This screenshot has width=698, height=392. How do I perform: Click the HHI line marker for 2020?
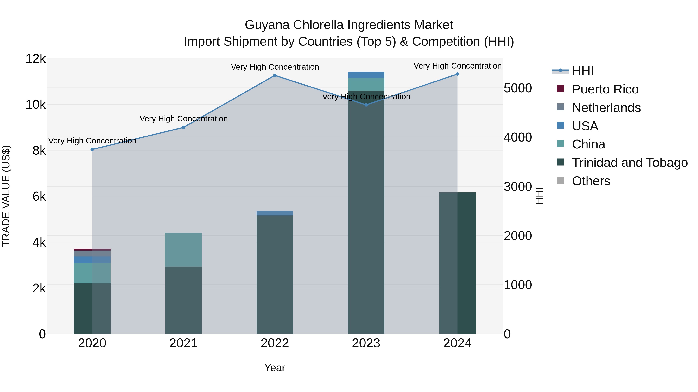[x=92, y=149]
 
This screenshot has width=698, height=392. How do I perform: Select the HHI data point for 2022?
[x=275, y=75]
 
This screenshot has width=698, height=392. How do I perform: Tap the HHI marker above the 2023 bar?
[x=366, y=105]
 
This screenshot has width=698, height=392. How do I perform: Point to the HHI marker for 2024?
[x=457, y=74]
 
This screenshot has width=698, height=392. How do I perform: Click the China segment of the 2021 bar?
[x=183, y=250]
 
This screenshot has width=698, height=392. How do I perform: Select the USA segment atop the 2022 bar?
[x=275, y=213]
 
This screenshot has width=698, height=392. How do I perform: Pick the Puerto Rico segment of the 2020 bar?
[x=92, y=250]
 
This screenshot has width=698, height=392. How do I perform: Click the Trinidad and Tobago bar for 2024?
[x=457, y=263]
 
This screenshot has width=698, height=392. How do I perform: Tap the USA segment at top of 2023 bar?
[x=366, y=75]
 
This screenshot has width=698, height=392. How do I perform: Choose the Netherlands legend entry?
[x=606, y=108]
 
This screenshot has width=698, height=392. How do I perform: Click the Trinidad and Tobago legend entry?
[x=629, y=163]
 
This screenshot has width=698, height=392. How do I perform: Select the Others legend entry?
[x=591, y=181]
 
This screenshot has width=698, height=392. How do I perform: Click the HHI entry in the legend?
[x=583, y=71]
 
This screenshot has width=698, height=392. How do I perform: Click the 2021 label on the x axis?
[x=183, y=343]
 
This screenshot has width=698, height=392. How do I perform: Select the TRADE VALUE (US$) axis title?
[x=6, y=196]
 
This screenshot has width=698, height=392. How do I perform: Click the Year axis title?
[x=275, y=368]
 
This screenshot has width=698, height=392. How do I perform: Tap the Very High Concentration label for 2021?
[x=183, y=119]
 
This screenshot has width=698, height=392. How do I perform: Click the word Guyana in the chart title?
[x=267, y=25]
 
